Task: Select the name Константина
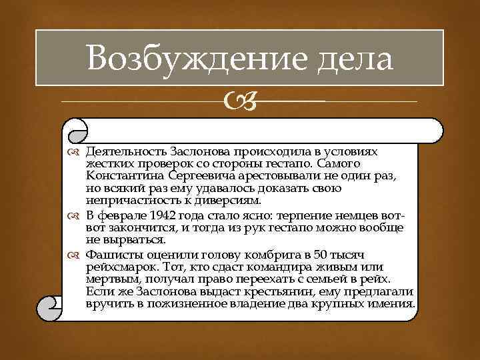pyautogui.click(x=125, y=176)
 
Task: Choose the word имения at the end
pyautogui.click(x=394, y=304)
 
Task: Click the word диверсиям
pyautogui.click(x=227, y=200)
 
